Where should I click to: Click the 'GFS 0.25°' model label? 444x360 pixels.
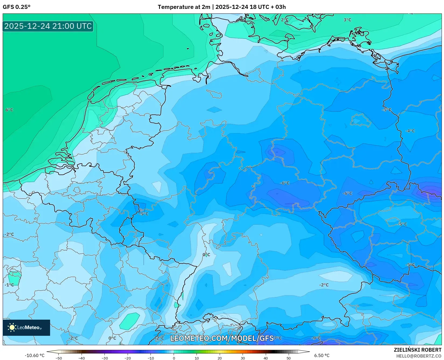tap(16, 7)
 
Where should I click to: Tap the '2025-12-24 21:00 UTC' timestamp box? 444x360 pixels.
tap(48, 26)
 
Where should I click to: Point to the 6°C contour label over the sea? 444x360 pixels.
tap(9, 110)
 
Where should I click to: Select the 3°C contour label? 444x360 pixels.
tap(347, 20)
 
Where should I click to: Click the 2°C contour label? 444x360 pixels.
tap(285, 20)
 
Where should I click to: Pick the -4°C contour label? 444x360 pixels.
tap(410, 131)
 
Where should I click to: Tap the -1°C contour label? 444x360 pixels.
tap(9, 285)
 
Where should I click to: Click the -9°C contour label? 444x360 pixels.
tap(316, 338)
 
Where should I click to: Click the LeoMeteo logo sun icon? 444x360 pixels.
tap(12, 327)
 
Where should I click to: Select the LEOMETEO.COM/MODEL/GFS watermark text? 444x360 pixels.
tap(222, 338)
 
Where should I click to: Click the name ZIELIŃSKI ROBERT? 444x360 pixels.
tap(418, 350)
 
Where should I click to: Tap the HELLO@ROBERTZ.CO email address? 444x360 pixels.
tap(419, 356)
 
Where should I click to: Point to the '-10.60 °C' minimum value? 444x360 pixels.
tap(34, 355)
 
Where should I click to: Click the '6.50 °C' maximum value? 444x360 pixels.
tap(322, 355)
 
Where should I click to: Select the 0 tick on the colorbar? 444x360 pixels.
tap(174, 358)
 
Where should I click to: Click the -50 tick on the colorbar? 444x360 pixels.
tap(59, 358)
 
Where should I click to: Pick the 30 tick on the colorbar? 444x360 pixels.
tap(243, 358)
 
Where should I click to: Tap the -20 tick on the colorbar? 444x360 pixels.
tap(128, 358)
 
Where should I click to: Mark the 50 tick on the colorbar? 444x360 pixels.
tap(289, 358)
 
